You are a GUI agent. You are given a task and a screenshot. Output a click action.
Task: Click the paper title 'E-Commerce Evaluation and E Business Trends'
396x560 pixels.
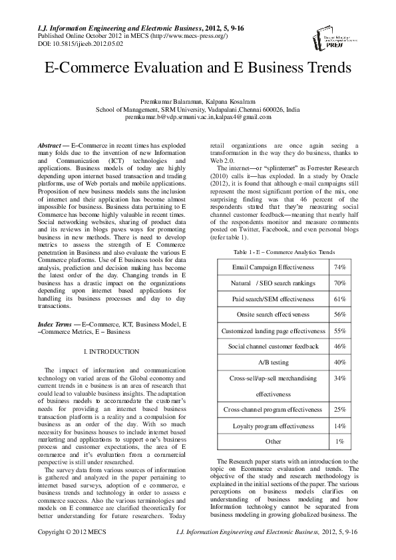click(x=198, y=69)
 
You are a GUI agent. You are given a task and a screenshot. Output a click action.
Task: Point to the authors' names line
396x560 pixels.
click(x=198, y=100)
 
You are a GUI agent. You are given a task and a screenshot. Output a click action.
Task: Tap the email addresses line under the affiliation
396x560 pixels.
click(x=198, y=117)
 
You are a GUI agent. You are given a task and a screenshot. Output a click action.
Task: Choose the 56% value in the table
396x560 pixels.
click(x=339, y=315)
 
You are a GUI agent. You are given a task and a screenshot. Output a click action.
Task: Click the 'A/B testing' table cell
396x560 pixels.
click(x=273, y=362)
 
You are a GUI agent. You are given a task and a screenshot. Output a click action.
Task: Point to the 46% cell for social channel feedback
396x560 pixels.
click(x=339, y=347)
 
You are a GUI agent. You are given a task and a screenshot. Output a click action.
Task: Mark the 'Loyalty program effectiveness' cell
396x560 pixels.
click(x=273, y=426)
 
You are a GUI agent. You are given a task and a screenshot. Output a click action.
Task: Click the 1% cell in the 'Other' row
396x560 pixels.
click(x=339, y=442)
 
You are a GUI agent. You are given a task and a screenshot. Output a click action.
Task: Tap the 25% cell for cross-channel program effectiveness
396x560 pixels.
click(x=339, y=410)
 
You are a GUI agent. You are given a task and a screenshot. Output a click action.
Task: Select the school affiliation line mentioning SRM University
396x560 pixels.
click(x=198, y=109)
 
